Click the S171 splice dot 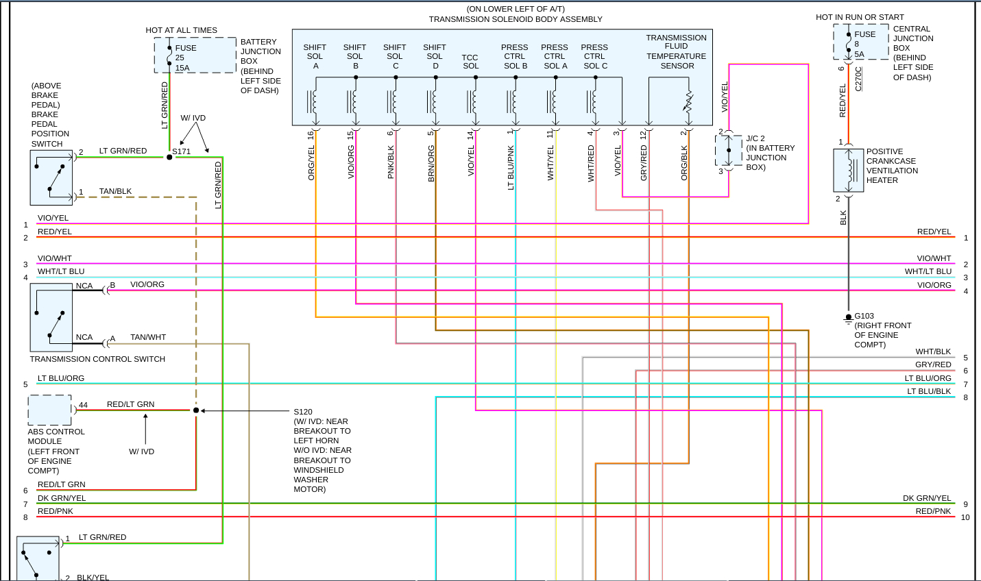(x=169, y=157)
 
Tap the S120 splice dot (x=196, y=410)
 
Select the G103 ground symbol (x=848, y=318)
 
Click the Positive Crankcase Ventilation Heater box (x=848, y=170)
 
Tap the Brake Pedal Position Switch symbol (x=51, y=177)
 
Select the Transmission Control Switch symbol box (x=51, y=317)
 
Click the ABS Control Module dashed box (x=49, y=410)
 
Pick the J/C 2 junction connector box (x=728, y=151)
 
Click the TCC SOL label (x=470, y=62)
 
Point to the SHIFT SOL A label (x=315, y=56)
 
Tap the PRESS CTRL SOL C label (x=595, y=56)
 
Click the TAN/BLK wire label (x=115, y=191)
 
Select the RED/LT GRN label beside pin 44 (x=130, y=404)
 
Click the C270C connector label (x=859, y=79)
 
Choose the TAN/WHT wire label (x=148, y=337)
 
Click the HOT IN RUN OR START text (x=860, y=17)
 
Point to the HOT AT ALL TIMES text (x=181, y=30)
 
